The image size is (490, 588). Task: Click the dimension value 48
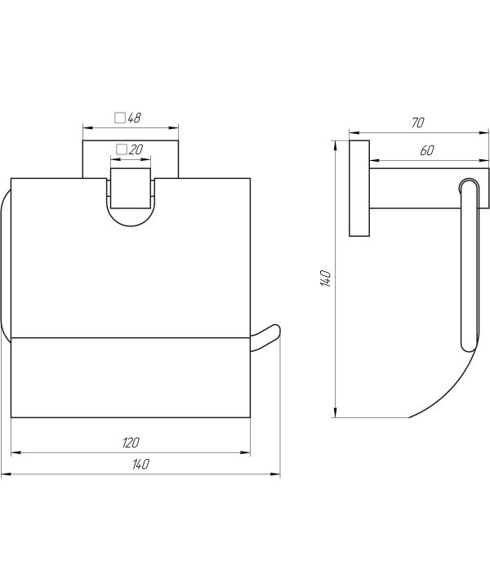coord(134,118)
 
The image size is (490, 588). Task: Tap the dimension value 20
coord(136,149)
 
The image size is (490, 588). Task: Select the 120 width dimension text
coord(131,443)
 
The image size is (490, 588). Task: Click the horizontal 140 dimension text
coord(140,464)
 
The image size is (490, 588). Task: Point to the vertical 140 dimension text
coord(325,278)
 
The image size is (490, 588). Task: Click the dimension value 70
coord(417,122)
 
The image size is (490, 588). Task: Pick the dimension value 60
coord(427,151)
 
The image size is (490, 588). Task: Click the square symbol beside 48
coord(120,118)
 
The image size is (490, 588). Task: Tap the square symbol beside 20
coord(122,149)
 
